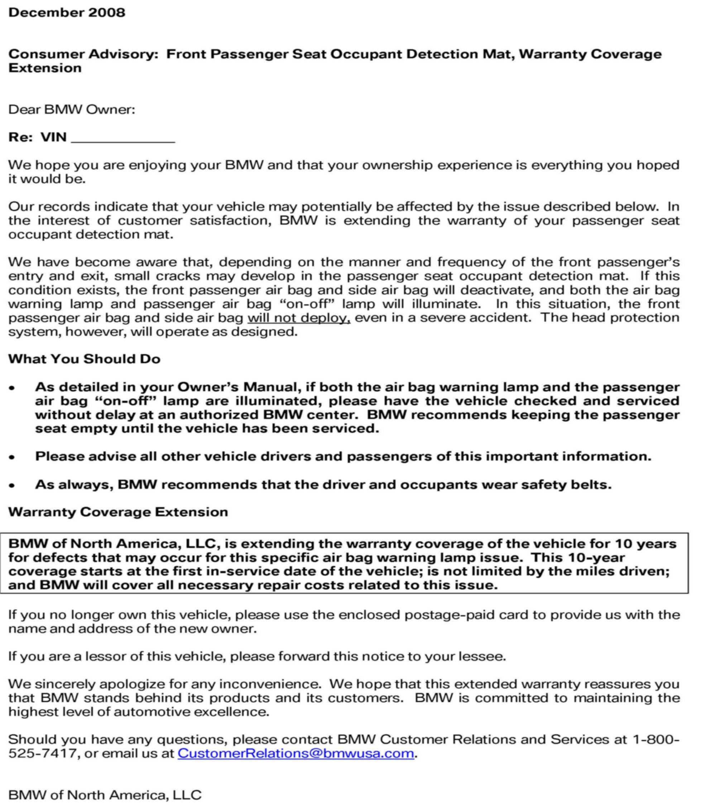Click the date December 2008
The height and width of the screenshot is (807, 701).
click(67, 13)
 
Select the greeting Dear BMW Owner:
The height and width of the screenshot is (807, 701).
click(72, 109)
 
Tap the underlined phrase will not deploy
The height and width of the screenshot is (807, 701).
click(299, 318)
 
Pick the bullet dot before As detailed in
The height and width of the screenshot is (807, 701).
click(13, 388)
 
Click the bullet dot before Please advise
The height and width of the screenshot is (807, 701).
click(13, 457)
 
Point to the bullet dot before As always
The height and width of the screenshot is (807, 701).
click(13, 485)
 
